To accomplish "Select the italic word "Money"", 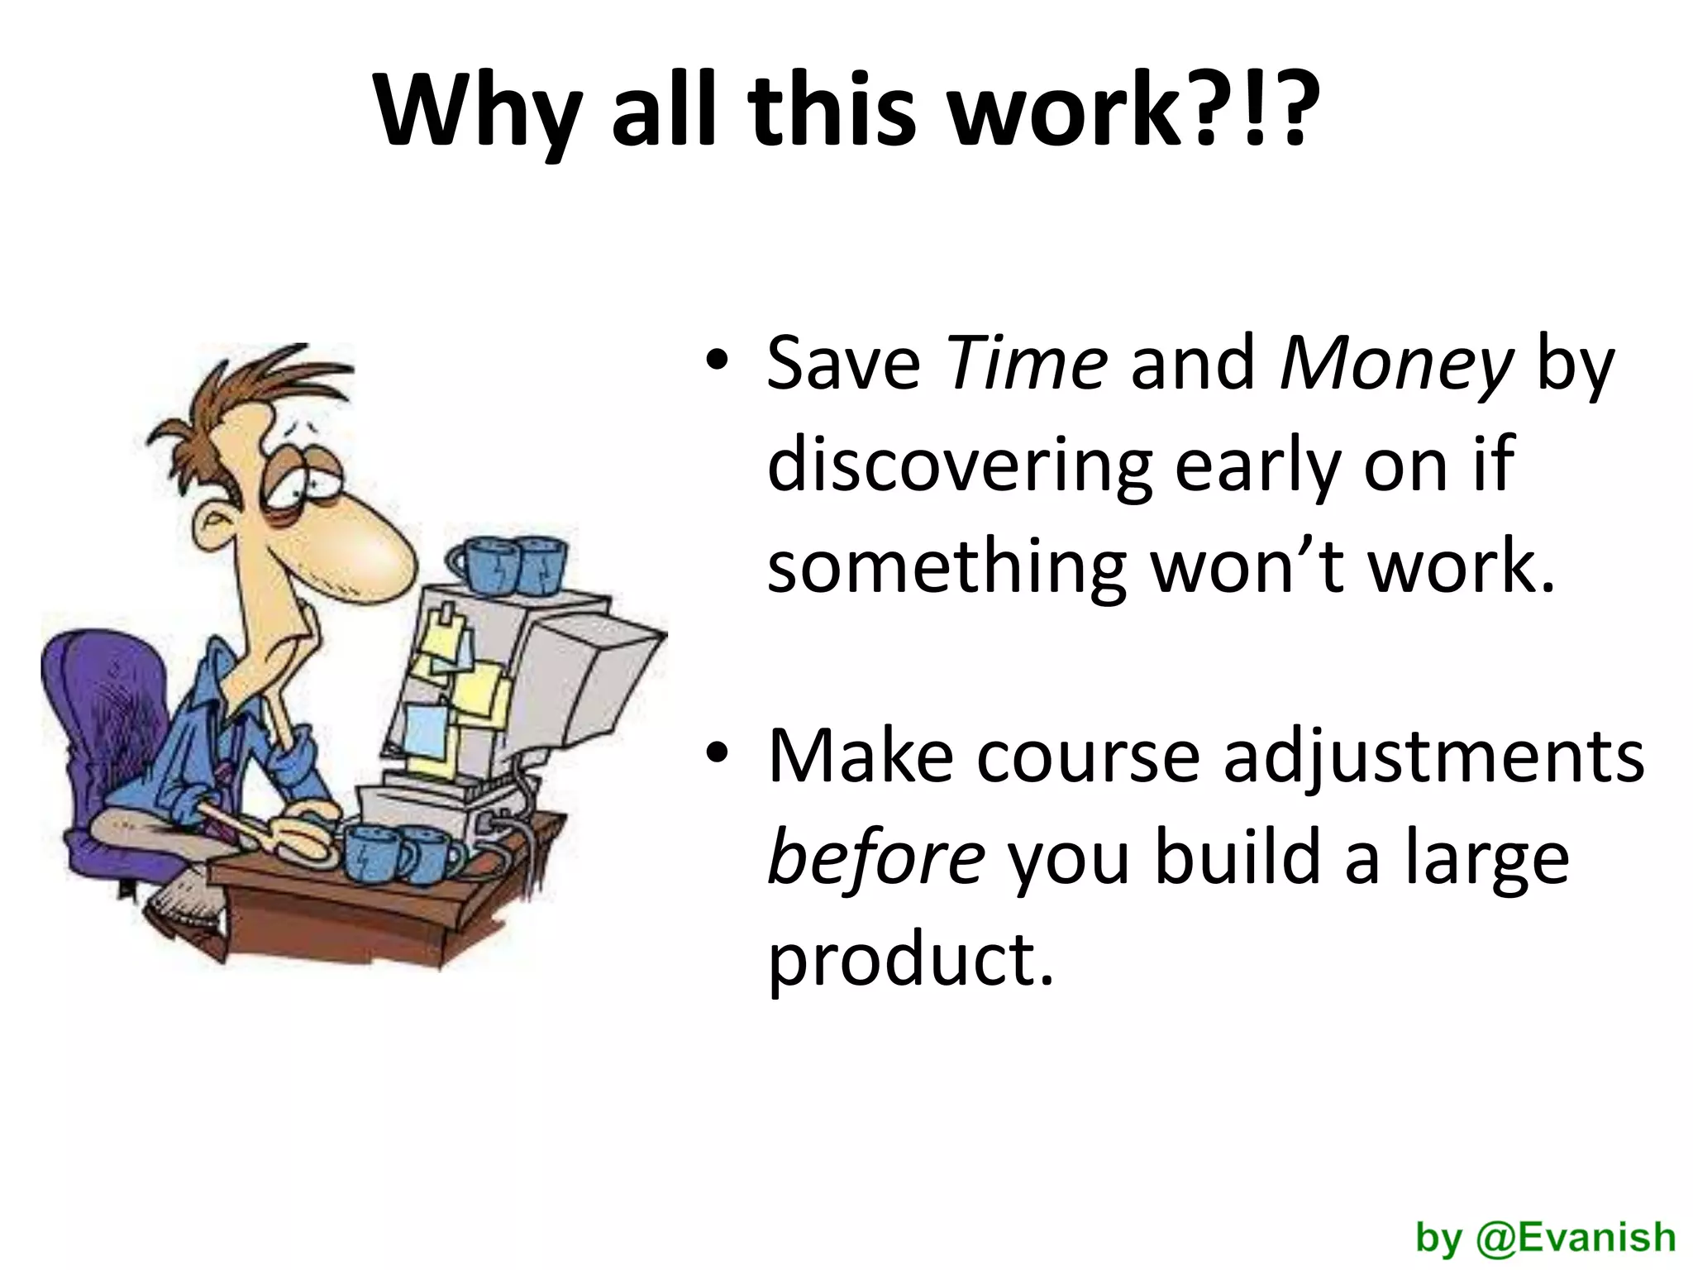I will [x=1396, y=365].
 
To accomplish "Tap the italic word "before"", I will [x=875, y=860].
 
